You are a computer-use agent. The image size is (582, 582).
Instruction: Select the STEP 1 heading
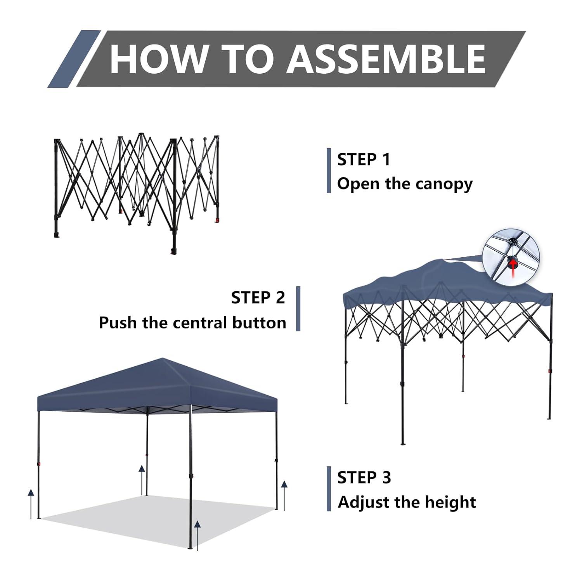pyautogui.click(x=364, y=159)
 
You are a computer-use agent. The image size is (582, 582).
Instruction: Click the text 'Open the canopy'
pyautogui.click(x=405, y=184)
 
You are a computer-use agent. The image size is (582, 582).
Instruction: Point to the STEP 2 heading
pyautogui.click(x=258, y=298)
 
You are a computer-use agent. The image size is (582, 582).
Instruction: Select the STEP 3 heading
pyautogui.click(x=364, y=478)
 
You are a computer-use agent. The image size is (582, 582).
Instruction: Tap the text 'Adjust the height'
pyautogui.click(x=407, y=502)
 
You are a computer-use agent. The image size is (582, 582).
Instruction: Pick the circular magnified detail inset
pyautogui.click(x=511, y=255)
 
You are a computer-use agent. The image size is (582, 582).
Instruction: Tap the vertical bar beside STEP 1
pyautogui.click(x=329, y=171)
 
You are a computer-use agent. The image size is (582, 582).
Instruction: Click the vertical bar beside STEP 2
pyautogui.click(x=298, y=309)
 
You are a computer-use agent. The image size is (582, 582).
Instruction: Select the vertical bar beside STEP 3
pyautogui.click(x=329, y=489)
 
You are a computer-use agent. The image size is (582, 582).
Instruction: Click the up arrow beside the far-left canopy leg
pyautogui.click(x=31, y=504)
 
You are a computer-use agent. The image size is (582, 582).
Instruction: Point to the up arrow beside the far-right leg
pyautogui.click(x=284, y=495)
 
